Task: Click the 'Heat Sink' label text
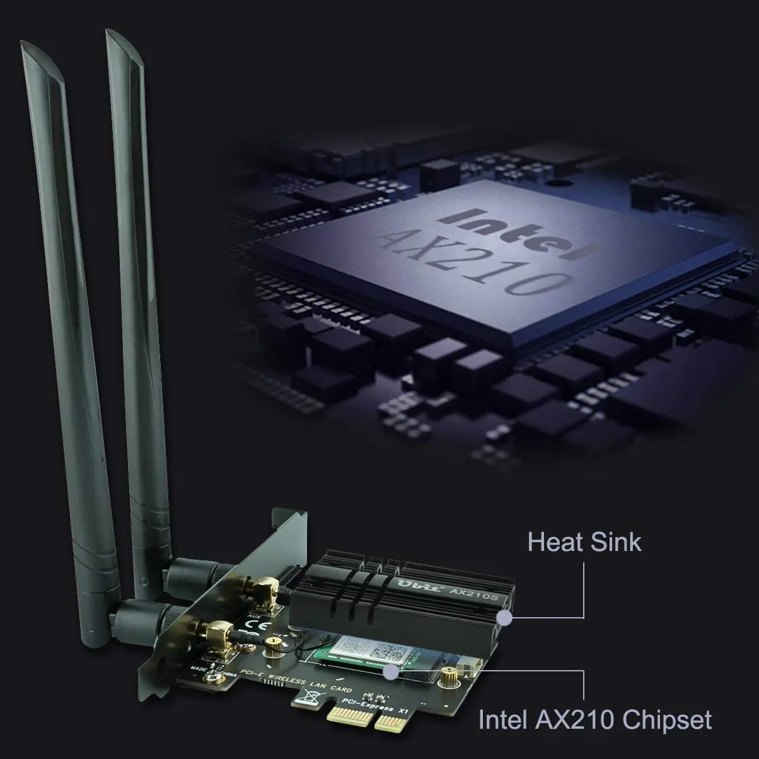[584, 542]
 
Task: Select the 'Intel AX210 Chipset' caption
[595, 719]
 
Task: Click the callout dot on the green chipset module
[392, 673]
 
